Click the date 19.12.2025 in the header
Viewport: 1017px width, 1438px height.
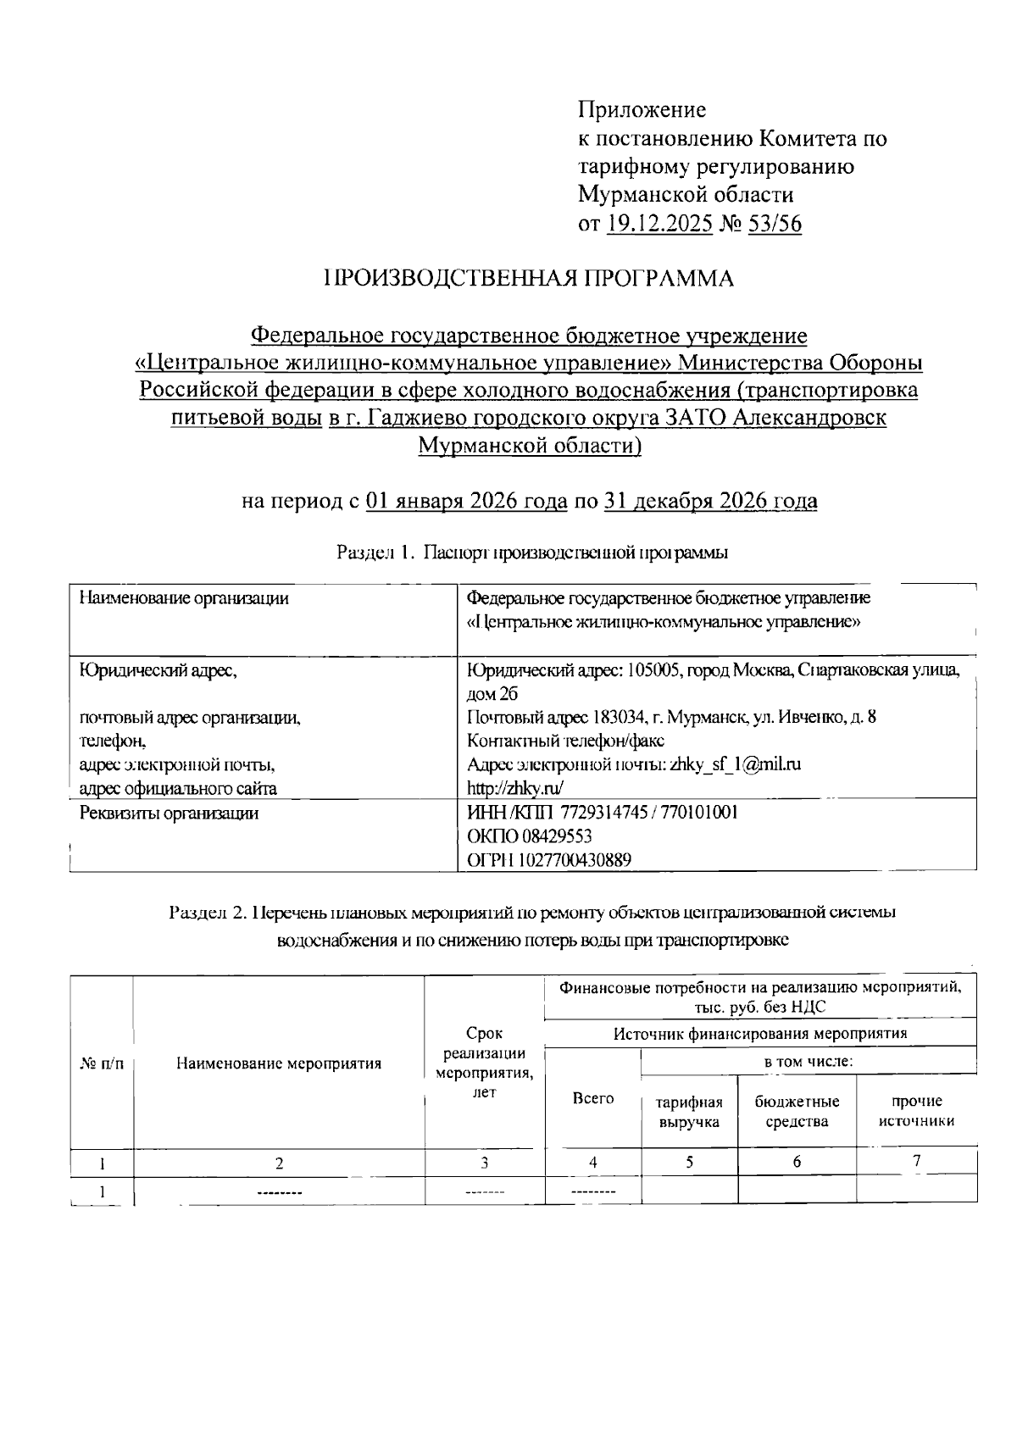659,224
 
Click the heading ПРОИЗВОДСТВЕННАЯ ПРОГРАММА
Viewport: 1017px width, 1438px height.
529,279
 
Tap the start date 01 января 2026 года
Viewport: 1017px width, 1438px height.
466,501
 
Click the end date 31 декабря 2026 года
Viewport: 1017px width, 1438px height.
710,501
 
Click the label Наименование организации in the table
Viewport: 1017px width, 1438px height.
184,598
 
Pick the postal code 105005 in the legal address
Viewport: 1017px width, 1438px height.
651,670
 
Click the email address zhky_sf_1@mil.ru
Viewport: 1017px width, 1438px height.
735,764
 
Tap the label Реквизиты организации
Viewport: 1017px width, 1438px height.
169,813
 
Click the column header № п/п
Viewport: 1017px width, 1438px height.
101,1063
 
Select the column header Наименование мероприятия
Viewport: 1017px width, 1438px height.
279,1063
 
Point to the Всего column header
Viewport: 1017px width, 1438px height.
593,1098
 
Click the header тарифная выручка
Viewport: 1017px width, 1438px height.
689,1112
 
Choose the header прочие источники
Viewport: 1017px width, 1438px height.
916,1111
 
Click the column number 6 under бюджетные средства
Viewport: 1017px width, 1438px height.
797,1162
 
